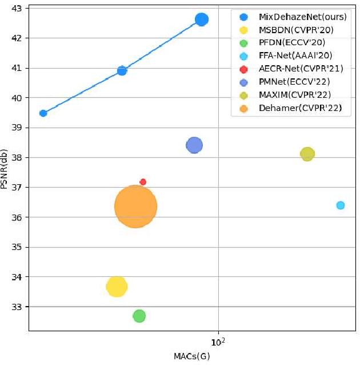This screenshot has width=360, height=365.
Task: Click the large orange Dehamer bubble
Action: pos(135,207)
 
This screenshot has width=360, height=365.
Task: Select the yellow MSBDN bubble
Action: pos(117,287)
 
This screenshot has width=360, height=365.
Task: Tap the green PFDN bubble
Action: pos(139,316)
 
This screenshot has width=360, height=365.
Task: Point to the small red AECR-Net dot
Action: pos(143,182)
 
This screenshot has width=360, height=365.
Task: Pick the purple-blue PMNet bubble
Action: pos(194,145)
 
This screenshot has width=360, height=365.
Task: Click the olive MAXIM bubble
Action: pos(307,154)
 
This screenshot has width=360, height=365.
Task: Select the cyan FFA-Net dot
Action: pos(341,205)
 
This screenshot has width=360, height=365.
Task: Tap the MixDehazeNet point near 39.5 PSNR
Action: pos(43,113)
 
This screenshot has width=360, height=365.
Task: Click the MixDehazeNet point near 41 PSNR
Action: pos(122,71)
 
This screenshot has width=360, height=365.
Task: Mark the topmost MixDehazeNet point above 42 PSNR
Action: pos(201,19)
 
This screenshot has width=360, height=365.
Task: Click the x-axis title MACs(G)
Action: pos(191,356)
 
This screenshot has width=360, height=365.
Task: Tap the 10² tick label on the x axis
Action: pos(218,342)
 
